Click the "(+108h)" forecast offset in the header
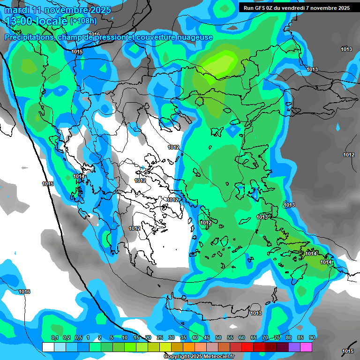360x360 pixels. coord(83,21)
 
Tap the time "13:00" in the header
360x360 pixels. coord(19,21)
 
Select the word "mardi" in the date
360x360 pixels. coord(17,10)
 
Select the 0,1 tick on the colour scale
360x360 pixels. coord(54,338)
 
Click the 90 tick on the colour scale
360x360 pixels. coord(312,338)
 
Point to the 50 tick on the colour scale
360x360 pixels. coord(218,338)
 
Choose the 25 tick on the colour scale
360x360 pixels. coord(160,338)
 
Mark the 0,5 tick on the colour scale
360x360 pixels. coord(78,338)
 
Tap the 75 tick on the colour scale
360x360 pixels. coord(277,338)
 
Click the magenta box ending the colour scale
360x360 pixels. coord(306,347)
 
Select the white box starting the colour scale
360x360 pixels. coord(48,347)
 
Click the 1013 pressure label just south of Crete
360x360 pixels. coord(256,313)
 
